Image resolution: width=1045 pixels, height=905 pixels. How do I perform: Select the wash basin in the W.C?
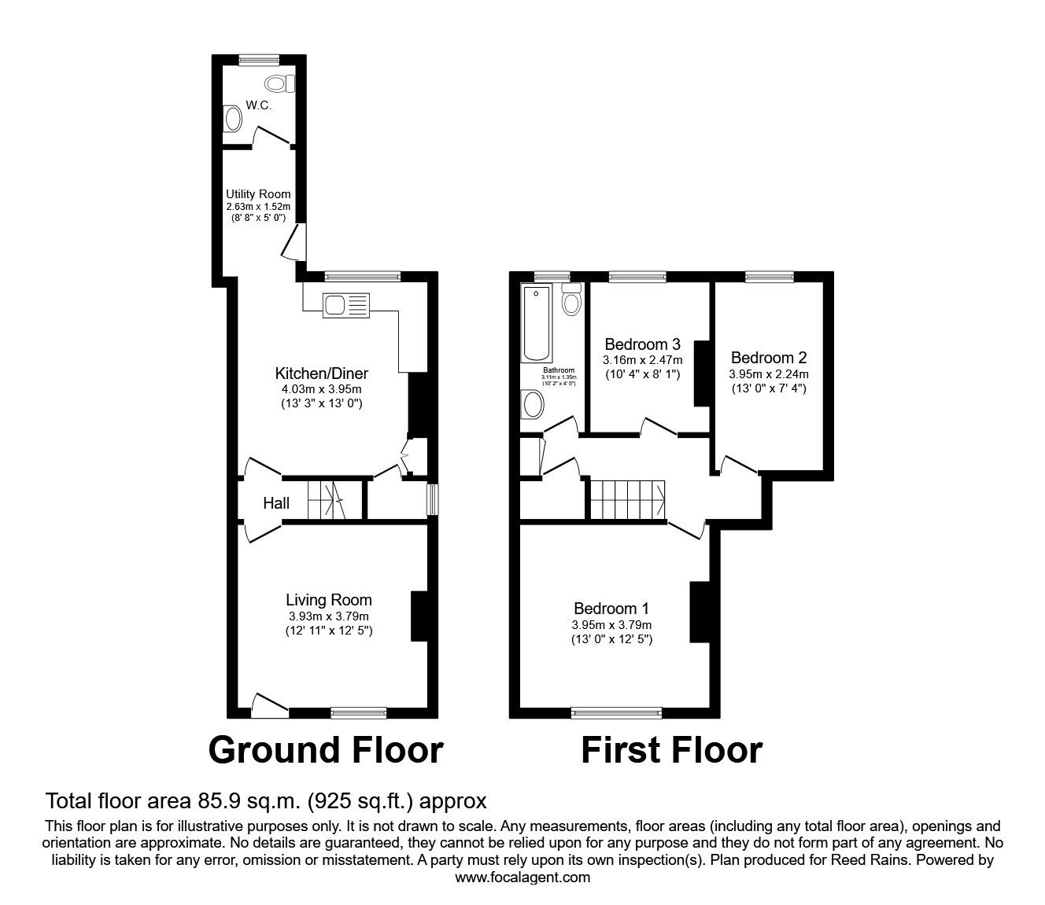click(x=233, y=120)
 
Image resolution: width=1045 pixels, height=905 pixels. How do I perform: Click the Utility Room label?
click(x=258, y=194)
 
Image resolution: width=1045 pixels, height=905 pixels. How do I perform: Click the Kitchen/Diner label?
click(x=321, y=373)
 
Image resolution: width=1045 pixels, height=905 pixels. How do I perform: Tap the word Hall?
click(x=276, y=503)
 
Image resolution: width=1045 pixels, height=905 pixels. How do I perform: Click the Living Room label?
click(x=328, y=600)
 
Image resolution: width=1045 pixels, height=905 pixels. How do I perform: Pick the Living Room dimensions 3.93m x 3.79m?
click(x=328, y=616)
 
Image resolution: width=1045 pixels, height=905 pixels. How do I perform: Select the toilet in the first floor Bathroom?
click(x=571, y=299)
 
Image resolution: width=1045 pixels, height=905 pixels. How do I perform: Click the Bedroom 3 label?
click(x=642, y=344)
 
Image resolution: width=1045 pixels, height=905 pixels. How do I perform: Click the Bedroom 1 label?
click(x=611, y=609)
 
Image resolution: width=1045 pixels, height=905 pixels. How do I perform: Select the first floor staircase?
click(x=628, y=499)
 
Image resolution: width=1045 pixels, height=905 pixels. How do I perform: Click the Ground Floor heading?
click(x=326, y=750)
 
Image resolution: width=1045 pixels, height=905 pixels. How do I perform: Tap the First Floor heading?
click(x=671, y=750)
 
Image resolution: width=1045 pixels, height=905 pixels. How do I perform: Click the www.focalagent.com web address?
click(x=522, y=877)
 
